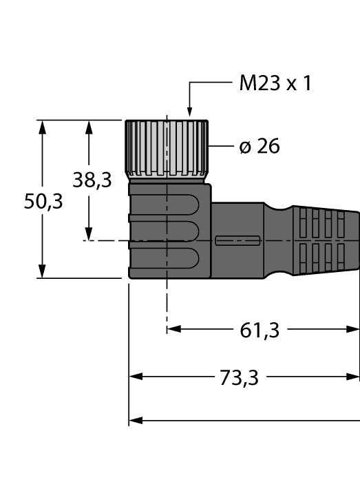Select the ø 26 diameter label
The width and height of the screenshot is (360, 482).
(x=259, y=147)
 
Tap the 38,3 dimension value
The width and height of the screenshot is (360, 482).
(x=92, y=180)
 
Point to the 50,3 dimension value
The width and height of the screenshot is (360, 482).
(x=43, y=201)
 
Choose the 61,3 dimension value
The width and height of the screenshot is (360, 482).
(x=260, y=331)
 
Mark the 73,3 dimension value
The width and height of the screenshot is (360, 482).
(x=241, y=378)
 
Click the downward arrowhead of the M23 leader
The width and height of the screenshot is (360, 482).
(x=189, y=111)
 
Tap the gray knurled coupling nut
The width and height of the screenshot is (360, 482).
(x=167, y=147)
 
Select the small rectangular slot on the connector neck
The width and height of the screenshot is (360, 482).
(x=237, y=241)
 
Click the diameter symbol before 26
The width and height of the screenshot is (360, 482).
(x=244, y=147)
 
